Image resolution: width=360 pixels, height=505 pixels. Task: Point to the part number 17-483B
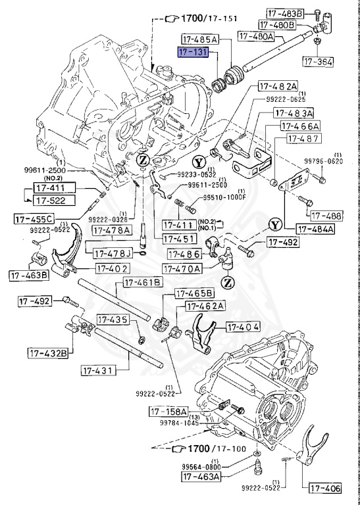(x=284, y=13)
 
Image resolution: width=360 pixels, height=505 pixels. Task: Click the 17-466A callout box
(x=300, y=126)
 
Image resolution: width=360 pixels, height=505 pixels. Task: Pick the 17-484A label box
(x=315, y=229)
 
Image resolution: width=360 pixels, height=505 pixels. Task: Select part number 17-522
(x=51, y=200)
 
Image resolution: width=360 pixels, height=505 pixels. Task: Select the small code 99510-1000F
(x=223, y=197)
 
